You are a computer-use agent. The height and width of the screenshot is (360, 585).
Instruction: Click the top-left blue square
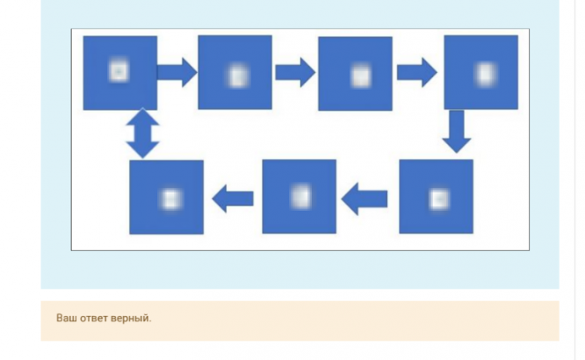pyautogui.click(x=120, y=73)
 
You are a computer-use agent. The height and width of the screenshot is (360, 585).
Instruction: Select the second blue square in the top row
pyautogui.click(x=235, y=72)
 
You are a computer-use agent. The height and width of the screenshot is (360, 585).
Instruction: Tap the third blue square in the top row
pyautogui.click(x=355, y=74)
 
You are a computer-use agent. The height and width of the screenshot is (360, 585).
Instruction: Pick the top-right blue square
pyautogui.click(x=480, y=72)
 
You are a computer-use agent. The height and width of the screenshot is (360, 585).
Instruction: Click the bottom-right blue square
pyautogui.click(x=436, y=197)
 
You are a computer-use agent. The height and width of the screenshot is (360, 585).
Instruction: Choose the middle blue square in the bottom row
pyautogui.click(x=299, y=197)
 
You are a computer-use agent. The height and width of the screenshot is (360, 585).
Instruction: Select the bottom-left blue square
pyautogui.click(x=166, y=197)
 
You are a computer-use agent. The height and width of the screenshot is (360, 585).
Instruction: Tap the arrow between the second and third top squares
pyautogui.click(x=295, y=72)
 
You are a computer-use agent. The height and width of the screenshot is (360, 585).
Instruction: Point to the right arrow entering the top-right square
pyautogui.click(x=417, y=72)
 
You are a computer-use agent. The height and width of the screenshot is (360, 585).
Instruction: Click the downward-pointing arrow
pyautogui.click(x=457, y=132)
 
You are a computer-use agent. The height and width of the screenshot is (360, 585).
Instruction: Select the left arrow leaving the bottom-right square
pyautogui.click(x=365, y=200)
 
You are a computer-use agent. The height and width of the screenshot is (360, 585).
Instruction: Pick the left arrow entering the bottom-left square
pyautogui.click(x=233, y=199)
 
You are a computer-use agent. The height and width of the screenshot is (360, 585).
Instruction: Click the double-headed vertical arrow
pyautogui.click(x=142, y=134)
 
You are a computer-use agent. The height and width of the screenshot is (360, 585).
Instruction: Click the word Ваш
pyautogui.click(x=66, y=318)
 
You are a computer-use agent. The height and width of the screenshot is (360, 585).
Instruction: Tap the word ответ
pyautogui.click(x=95, y=318)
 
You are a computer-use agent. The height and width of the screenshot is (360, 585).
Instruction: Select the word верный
pyautogui.click(x=132, y=318)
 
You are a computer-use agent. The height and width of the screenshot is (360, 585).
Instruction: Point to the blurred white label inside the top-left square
pyautogui.click(x=118, y=71)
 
